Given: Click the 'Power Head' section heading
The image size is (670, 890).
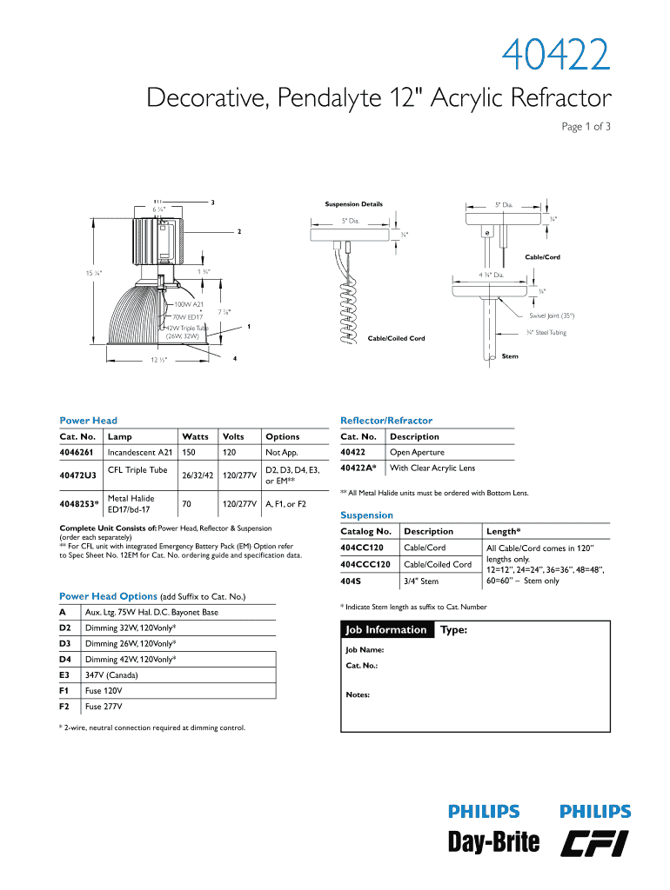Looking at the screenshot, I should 88,421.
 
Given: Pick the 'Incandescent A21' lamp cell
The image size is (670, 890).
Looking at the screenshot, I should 139,453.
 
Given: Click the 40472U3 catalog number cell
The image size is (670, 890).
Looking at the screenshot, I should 78,475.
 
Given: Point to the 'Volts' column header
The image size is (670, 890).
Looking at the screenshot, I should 233,436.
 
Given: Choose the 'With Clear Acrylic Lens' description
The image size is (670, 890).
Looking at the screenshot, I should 432,468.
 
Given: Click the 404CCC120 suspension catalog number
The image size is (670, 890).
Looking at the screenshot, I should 365,564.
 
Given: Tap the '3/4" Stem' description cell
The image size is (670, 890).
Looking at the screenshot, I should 421,581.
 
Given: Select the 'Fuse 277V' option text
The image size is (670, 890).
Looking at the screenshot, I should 104,707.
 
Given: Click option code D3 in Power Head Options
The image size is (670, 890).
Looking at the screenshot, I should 65,643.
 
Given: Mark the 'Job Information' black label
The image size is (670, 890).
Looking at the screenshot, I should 386,630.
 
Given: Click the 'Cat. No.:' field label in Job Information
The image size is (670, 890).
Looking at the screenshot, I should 362,667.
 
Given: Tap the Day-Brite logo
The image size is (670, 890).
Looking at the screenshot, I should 493,841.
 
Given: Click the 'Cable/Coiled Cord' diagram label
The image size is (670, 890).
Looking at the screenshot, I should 397,338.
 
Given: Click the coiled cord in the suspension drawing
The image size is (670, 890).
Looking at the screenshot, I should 347,313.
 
